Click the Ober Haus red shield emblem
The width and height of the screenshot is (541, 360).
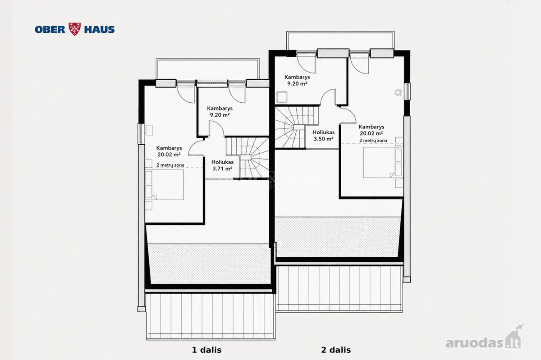75,29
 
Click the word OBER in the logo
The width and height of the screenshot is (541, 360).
50,29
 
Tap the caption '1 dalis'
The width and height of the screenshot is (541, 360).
206,350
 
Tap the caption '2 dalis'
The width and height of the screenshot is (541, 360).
336,350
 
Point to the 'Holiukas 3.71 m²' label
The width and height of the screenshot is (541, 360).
222,165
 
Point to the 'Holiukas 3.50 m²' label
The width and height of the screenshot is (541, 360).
323,136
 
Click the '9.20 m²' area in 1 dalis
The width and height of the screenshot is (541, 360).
220,115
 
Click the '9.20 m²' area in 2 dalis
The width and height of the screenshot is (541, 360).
297,83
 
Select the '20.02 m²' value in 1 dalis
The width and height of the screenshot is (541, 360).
169,154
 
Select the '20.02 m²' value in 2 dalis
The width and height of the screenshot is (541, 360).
371,133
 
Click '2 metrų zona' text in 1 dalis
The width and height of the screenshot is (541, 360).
170,165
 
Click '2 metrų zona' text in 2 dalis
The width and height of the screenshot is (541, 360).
373,140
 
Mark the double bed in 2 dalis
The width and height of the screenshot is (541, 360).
383,163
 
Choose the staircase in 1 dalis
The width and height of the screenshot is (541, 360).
248,157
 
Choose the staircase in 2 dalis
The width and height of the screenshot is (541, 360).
296,127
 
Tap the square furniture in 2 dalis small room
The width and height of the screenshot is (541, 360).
282,97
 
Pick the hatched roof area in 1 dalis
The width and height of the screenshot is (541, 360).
209,264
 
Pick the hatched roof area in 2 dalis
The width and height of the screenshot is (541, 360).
337,237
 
